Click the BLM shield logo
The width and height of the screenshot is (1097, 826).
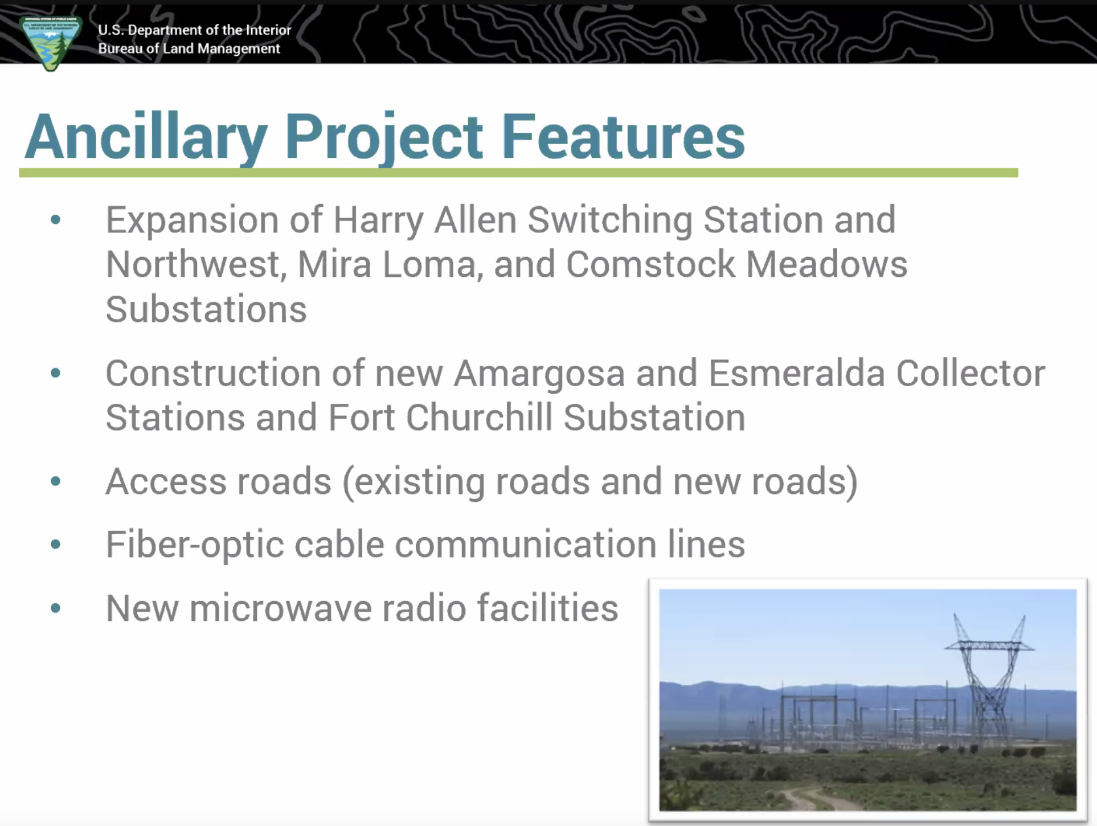point(51,43)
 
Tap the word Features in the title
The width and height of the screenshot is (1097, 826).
point(623,136)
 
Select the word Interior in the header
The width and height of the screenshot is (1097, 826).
point(268,30)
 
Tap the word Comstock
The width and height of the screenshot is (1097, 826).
point(650,264)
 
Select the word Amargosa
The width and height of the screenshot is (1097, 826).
point(539,374)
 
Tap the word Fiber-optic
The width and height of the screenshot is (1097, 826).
point(195,545)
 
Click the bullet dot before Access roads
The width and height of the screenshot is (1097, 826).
point(55,482)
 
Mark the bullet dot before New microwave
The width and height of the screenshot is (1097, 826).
point(55,608)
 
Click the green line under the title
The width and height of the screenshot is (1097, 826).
point(518,173)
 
